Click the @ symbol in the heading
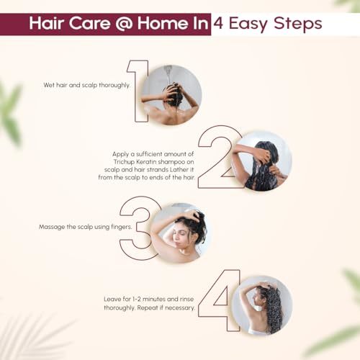(124, 24)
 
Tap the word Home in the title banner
(162, 23)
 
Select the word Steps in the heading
(298, 24)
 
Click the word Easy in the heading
(248, 24)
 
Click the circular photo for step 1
(171, 95)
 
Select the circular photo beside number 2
(262, 161)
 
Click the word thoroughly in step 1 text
(114, 85)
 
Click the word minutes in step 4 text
(153, 300)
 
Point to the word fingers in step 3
(122, 227)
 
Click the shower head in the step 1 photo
(169, 68)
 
